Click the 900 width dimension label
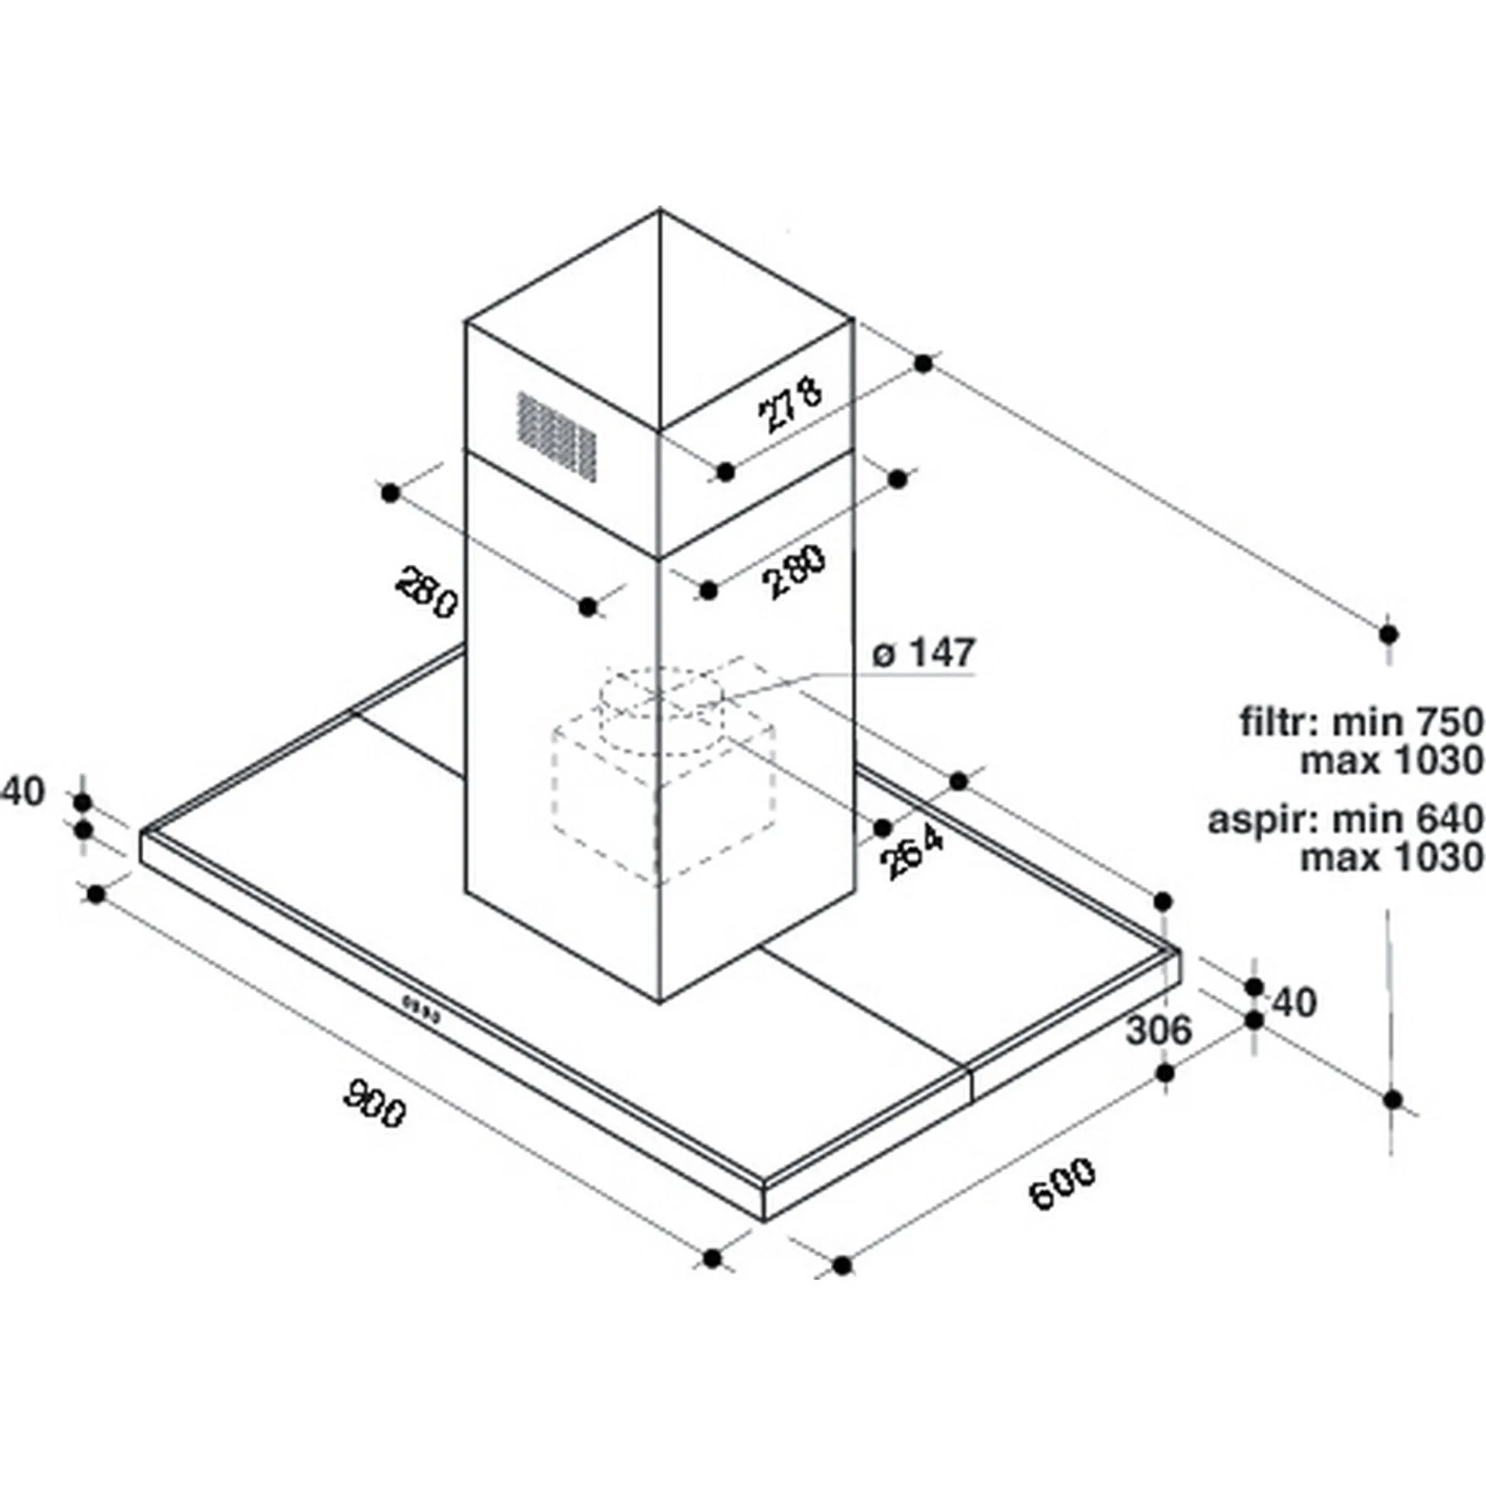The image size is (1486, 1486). point(374,1103)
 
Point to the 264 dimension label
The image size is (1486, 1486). point(914,852)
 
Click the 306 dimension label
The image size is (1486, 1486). point(1159,1031)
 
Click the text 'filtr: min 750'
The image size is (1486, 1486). point(1361,722)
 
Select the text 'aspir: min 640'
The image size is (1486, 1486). point(1345,819)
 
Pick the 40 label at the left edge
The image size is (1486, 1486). point(25,793)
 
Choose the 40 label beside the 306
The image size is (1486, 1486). point(1296,1002)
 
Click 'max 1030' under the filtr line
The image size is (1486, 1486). point(1391,762)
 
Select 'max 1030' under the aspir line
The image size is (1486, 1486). point(1391,858)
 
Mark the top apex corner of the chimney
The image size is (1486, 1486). point(660,209)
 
